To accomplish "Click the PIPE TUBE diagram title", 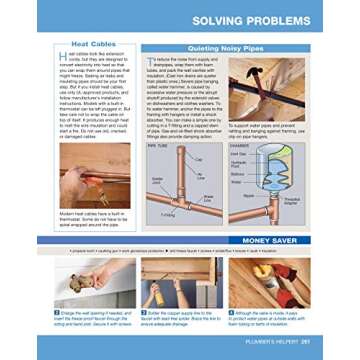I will tap(158, 145).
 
